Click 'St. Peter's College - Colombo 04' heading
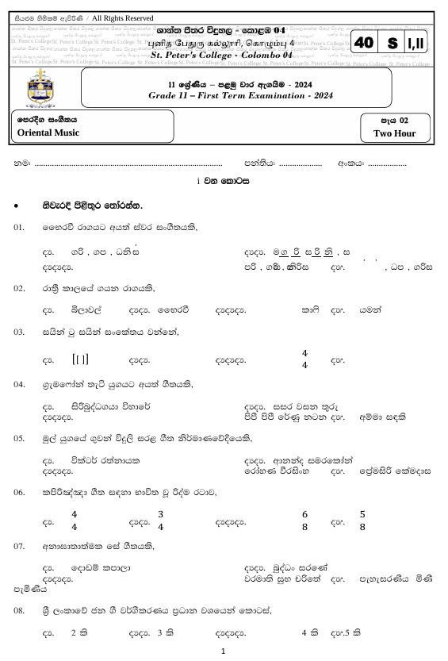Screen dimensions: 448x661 222,56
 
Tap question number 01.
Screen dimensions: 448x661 20,228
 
